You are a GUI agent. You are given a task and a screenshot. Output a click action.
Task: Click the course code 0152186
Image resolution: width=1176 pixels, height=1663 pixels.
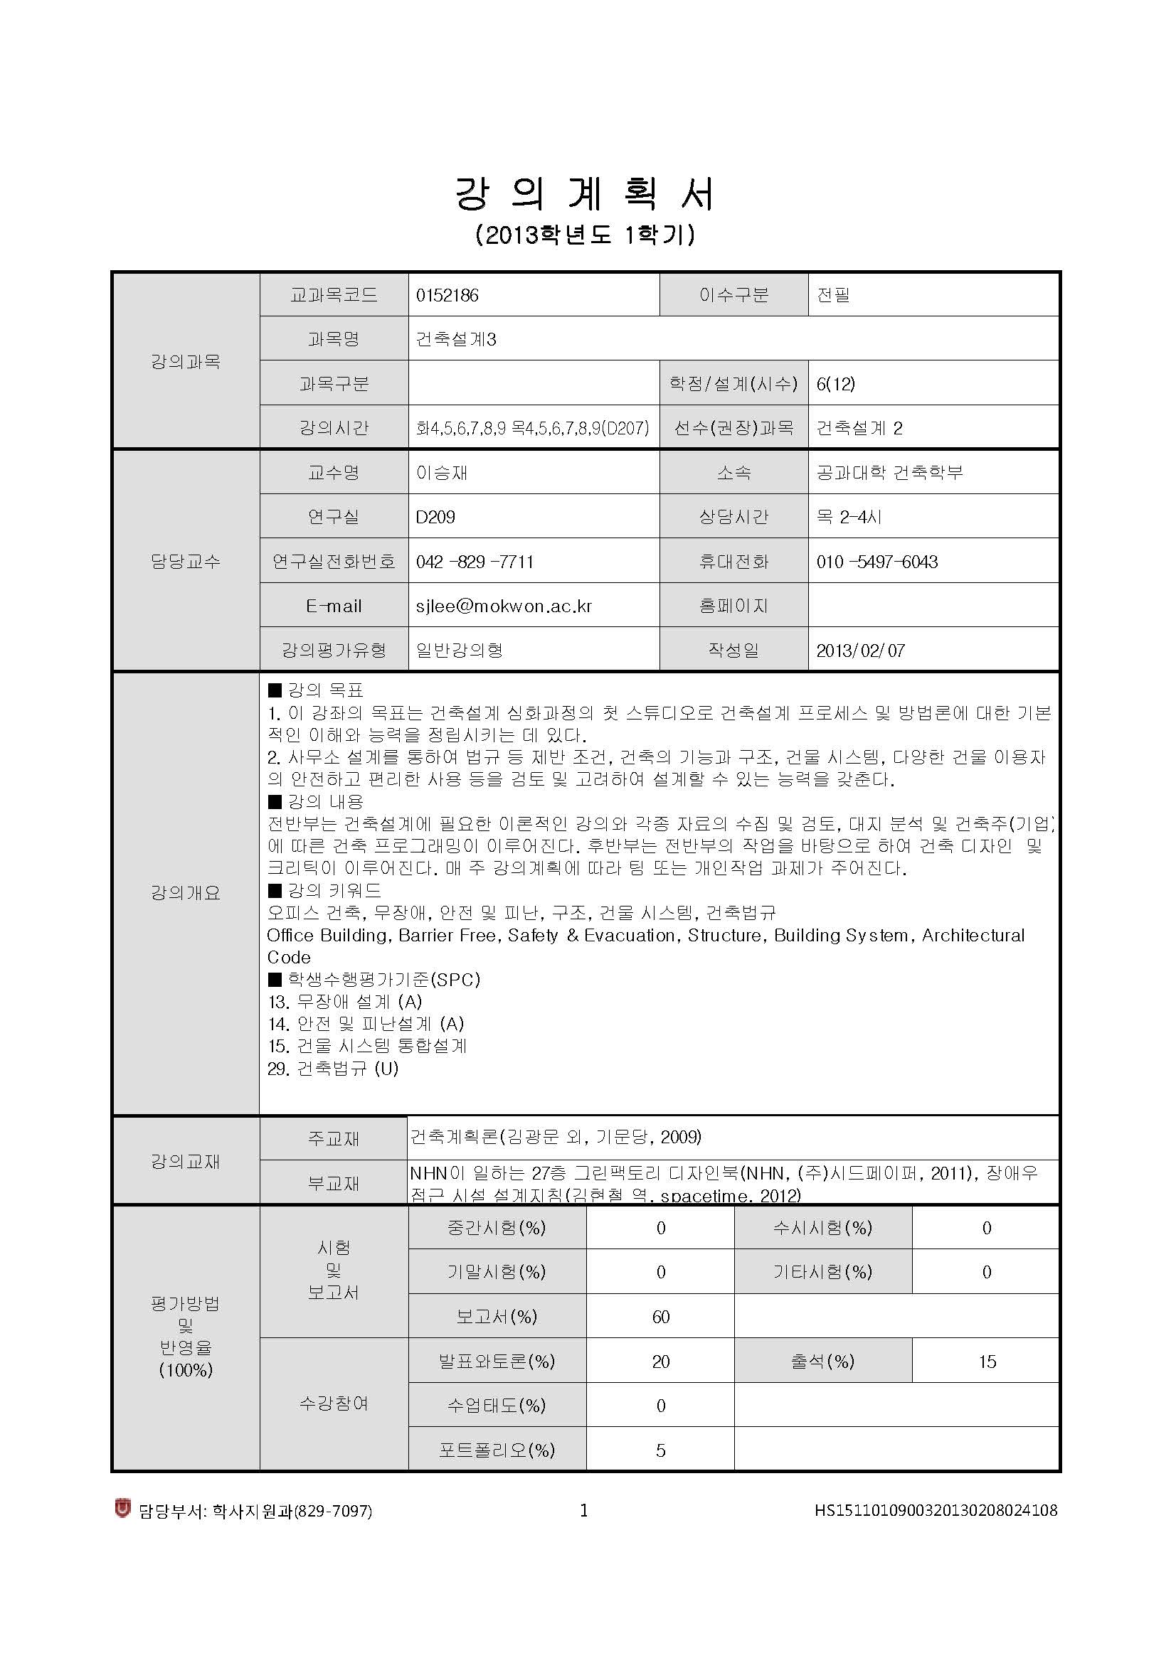pyautogui.click(x=447, y=296)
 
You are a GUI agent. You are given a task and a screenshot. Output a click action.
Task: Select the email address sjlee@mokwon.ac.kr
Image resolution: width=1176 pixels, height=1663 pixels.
pyautogui.click(x=504, y=606)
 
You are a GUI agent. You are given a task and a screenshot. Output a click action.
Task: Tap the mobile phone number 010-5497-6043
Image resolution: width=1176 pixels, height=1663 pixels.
pyautogui.click(x=876, y=562)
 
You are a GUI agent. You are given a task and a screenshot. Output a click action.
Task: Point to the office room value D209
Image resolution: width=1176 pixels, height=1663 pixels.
pyautogui.click(x=435, y=517)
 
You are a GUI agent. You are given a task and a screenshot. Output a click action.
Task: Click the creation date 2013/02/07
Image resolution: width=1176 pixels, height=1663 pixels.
pyautogui.click(x=860, y=651)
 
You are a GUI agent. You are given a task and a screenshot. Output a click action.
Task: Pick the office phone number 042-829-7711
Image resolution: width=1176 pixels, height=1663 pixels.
pyautogui.click(x=475, y=562)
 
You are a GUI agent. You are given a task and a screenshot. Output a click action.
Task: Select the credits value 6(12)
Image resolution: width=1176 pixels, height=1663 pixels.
pyautogui.click(x=835, y=384)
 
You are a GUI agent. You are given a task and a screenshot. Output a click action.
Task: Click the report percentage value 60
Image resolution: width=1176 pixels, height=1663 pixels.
pyautogui.click(x=660, y=1317)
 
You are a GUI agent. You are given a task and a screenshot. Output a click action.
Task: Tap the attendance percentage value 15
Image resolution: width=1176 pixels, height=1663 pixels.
pyautogui.click(x=987, y=1362)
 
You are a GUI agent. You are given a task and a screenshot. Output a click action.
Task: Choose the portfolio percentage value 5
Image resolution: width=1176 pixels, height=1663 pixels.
pyautogui.click(x=660, y=1450)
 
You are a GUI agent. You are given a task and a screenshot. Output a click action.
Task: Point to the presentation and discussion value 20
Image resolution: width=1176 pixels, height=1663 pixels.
pyautogui.click(x=660, y=1362)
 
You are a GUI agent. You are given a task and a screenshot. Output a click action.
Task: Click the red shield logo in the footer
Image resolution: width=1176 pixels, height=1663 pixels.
pyautogui.click(x=122, y=1509)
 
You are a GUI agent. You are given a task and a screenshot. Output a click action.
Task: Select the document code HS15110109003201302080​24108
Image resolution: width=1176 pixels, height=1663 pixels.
pyautogui.click(x=936, y=1510)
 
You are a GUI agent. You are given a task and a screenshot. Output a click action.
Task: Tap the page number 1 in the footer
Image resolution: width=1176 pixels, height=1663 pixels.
pyautogui.click(x=584, y=1510)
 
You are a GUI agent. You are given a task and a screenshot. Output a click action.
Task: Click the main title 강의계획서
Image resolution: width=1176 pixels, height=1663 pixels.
pyautogui.click(x=586, y=193)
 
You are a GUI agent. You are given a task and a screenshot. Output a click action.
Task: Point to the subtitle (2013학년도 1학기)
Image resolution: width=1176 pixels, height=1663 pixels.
pyautogui.click(x=586, y=235)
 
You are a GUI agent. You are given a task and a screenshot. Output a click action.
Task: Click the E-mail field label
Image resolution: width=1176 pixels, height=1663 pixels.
pyautogui.click(x=334, y=606)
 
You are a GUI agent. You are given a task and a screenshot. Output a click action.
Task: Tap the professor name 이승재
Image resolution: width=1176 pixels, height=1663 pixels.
pyautogui.click(x=441, y=473)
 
